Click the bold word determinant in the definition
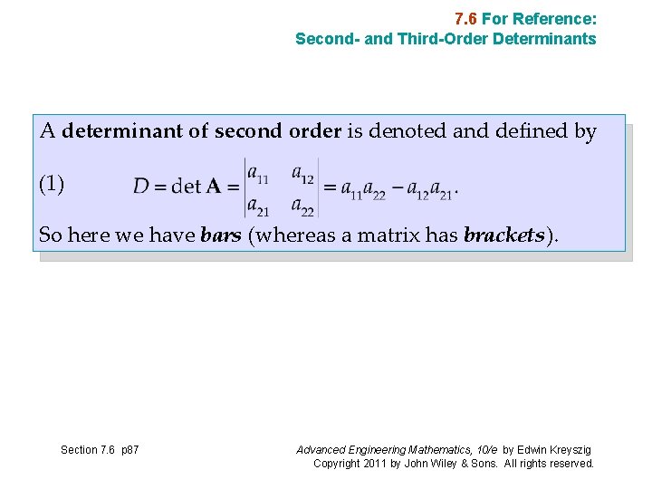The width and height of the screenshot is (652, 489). coord(123,132)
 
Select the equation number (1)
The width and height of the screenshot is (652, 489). coord(52,185)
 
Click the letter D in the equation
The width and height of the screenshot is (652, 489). coord(141,187)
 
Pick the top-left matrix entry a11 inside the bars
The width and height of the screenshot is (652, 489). coord(257,172)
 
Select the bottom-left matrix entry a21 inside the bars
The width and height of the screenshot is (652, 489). coord(257,206)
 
